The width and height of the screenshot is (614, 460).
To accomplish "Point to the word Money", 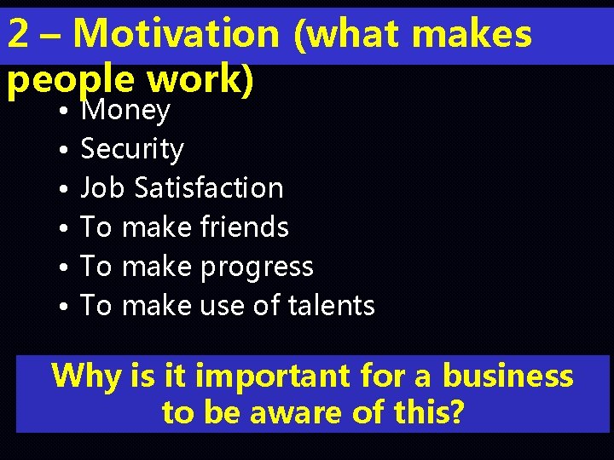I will coord(125,111).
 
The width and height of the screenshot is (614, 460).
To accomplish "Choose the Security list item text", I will coord(132,150).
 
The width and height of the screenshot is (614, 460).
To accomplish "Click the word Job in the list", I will coord(99,188).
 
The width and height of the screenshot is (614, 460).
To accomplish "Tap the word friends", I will coord(244,227).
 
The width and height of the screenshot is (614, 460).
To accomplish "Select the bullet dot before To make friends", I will coord(64,229).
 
